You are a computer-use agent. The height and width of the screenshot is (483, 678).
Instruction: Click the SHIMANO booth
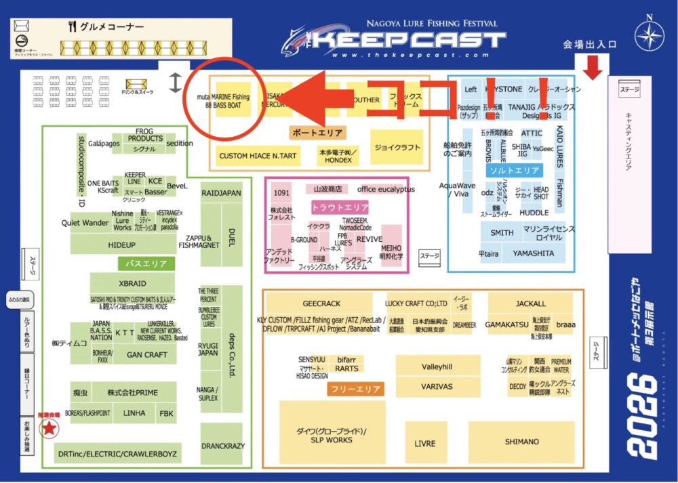coord(521,442)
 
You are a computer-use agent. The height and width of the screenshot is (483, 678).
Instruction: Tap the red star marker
coord(49,427)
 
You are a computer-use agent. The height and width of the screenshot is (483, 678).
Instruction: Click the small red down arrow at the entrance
coord(593,68)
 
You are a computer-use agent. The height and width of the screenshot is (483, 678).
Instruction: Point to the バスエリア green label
coord(147,264)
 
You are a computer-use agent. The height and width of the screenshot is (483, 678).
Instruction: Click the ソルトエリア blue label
coord(515,171)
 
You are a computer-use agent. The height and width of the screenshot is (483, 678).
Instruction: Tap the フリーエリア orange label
coord(356,389)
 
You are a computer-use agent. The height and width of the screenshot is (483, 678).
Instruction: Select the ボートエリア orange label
coord(317,133)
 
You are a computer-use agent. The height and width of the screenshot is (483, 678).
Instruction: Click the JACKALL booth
coord(530,303)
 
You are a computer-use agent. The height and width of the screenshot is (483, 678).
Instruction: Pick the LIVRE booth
coord(425,443)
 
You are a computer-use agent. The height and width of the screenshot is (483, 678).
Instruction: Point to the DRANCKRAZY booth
coord(222,446)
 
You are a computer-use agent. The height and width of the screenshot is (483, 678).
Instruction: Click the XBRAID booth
coord(132,283)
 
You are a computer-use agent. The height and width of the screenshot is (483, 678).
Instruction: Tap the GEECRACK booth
coord(321,303)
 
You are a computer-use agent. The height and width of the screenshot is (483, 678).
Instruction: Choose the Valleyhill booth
coord(437,366)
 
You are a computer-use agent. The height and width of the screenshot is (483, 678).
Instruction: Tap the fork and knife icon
coord(73,26)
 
